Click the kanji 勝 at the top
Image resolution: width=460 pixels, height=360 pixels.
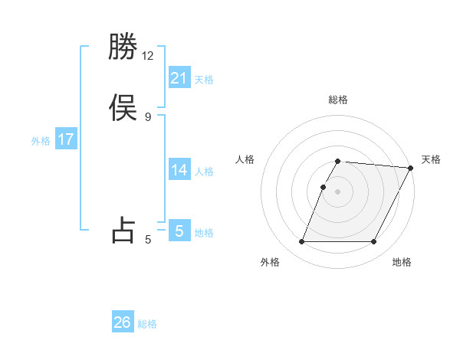tap(123, 48)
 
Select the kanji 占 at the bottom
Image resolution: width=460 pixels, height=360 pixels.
tap(123, 230)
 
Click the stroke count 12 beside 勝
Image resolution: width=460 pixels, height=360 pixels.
tap(148, 56)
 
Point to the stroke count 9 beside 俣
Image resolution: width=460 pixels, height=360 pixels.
tap(148, 116)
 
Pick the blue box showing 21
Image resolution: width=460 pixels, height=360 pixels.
tap(179, 77)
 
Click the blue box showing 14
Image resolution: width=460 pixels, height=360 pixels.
tap(179, 170)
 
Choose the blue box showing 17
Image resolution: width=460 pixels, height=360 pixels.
tap(66, 139)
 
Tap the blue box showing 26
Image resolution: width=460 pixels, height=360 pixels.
tap(123, 322)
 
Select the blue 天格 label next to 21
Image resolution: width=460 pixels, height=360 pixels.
tap(204, 80)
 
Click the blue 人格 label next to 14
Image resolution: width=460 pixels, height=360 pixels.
tap(204, 172)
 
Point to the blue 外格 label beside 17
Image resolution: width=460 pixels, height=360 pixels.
tap(41, 141)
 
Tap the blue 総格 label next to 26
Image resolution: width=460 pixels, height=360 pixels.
tap(147, 324)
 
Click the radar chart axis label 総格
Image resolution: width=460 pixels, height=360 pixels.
tap(338, 100)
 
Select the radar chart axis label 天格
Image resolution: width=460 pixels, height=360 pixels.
tap(431, 159)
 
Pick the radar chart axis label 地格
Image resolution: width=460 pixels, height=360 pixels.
tap(402, 262)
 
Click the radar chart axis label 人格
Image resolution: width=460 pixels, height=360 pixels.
tap(245, 159)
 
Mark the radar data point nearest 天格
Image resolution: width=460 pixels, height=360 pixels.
tap(412, 168)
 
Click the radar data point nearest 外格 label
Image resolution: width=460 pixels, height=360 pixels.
tap(302, 242)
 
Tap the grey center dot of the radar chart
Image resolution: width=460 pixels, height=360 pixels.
tap(338, 191)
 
